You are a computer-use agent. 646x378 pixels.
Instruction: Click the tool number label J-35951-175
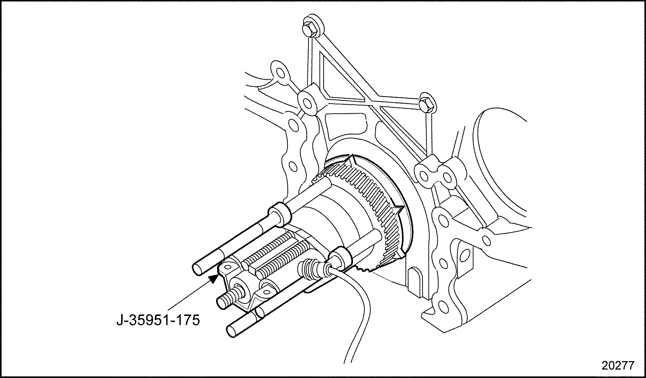tap(158, 320)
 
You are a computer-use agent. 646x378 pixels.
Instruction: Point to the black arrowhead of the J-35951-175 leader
tap(214, 278)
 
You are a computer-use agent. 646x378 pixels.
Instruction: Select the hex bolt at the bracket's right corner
tap(427, 104)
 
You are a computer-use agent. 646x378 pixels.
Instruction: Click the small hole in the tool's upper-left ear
tap(228, 267)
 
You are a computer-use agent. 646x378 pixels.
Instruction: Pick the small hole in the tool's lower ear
tap(267, 291)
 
